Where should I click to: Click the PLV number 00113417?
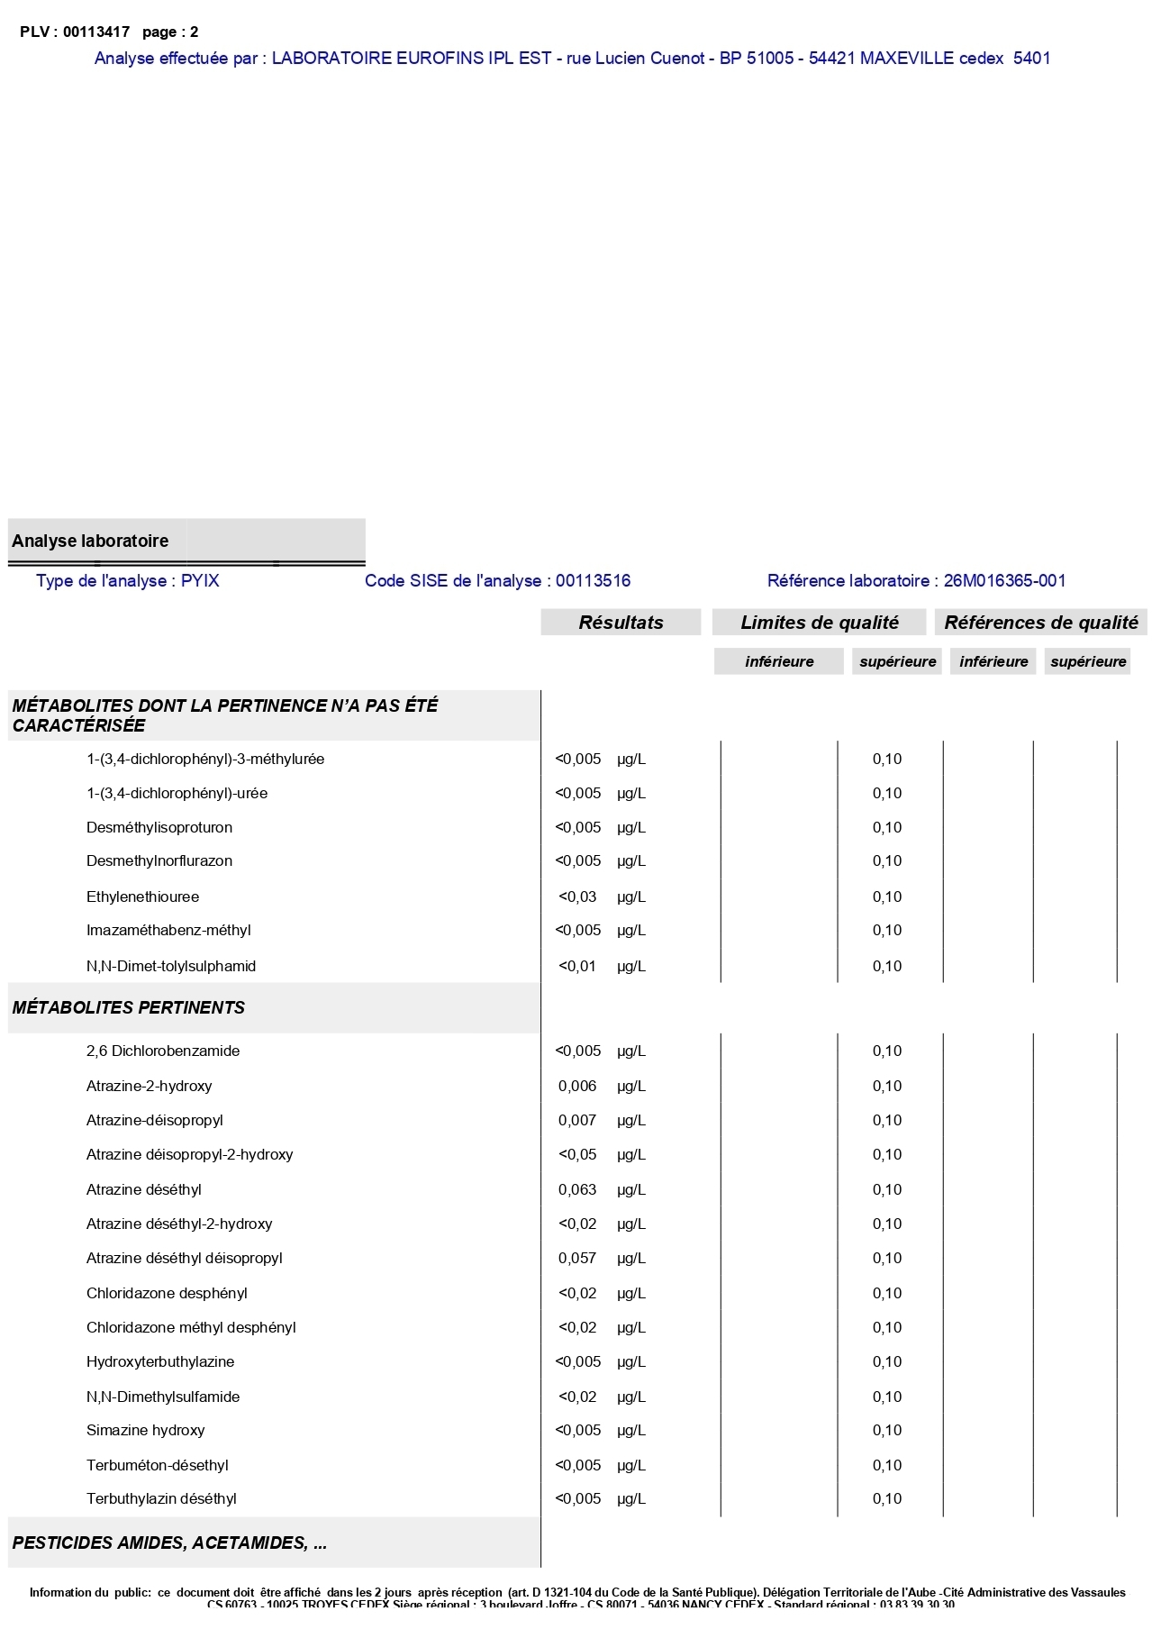click(x=96, y=32)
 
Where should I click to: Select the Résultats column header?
click(x=621, y=623)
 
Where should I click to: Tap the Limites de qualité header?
click(x=819, y=623)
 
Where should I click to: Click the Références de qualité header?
click(x=1040, y=623)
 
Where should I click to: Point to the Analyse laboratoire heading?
click(x=90, y=541)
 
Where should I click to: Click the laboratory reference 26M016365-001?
click(x=1004, y=580)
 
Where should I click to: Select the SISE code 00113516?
click(x=593, y=580)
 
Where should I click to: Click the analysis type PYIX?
click(x=200, y=580)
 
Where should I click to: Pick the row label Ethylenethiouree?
click(x=142, y=896)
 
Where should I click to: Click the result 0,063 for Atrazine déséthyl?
click(x=577, y=1189)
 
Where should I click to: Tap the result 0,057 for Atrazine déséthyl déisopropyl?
click(x=577, y=1258)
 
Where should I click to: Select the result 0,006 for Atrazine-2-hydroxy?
click(x=577, y=1086)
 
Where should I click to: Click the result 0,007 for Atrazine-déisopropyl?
click(x=577, y=1120)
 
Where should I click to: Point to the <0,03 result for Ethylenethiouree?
click(x=577, y=896)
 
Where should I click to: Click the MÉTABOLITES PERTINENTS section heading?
click(x=129, y=1007)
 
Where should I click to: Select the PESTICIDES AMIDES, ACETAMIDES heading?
click(x=169, y=1543)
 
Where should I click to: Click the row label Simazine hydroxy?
click(x=145, y=1430)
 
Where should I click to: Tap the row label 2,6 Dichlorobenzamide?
click(x=163, y=1051)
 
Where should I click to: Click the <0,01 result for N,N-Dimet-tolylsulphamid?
click(x=577, y=966)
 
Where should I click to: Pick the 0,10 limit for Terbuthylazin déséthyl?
click(x=886, y=1498)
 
